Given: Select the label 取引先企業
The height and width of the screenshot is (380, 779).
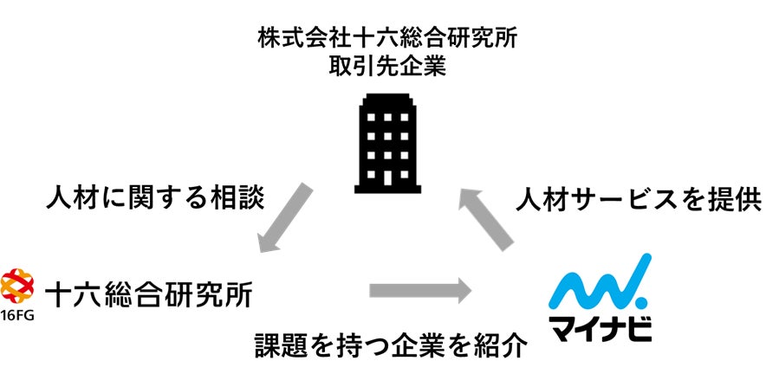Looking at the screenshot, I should [x=388, y=67].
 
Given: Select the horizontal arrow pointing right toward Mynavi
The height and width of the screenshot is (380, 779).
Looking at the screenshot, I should [x=419, y=290].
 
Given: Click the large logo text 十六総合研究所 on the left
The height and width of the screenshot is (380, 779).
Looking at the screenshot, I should [x=148, y=293].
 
